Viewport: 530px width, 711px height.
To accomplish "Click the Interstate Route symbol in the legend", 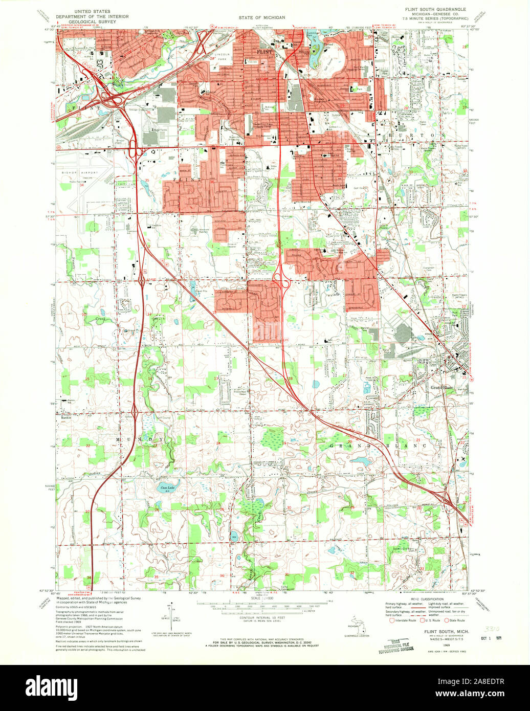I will click(x=393, y=620).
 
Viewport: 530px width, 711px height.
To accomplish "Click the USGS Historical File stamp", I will click(x=394, y=646).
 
